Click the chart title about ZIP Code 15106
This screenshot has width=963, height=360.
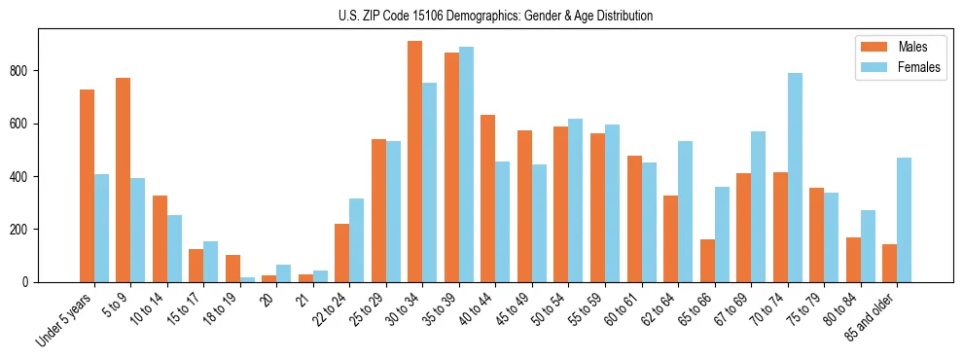481,16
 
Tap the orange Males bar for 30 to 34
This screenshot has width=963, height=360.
415,162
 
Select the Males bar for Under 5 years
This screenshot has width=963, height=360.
87,186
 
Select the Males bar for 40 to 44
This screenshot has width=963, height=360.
488,198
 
